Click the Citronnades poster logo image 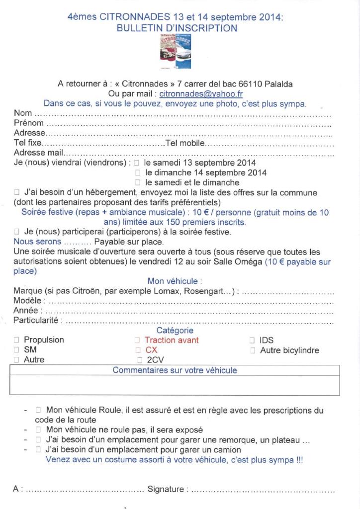[x=176, y=53]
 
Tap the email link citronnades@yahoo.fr [x=194, y=93]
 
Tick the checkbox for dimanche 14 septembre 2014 [x=138, y=173]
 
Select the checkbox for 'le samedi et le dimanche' [x=138, y=183]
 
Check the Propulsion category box [x=17, y=340]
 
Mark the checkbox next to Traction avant [x=138, y=340]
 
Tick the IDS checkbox [x=253, y=340]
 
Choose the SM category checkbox [x=17, y=350]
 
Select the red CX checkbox [x=138, y=350]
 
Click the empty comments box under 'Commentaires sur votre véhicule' [x=175, y=385]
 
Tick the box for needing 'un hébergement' [x=17, y=193]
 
